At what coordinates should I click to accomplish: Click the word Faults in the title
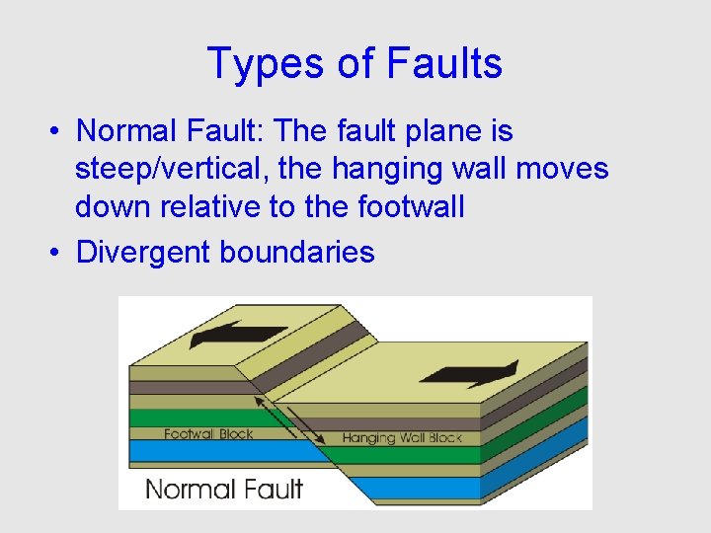pyautogui.click(x=444, y=63)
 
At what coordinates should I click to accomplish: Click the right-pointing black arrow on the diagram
pyautogui.click(x=468, y=374)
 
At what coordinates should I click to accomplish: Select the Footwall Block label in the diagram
pyautogui.click(x=208, y=433)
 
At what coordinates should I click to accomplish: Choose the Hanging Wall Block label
pyautogui.click(x=402, y=437)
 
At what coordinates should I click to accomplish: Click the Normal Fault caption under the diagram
pyautogui.click(x=224, y=488)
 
